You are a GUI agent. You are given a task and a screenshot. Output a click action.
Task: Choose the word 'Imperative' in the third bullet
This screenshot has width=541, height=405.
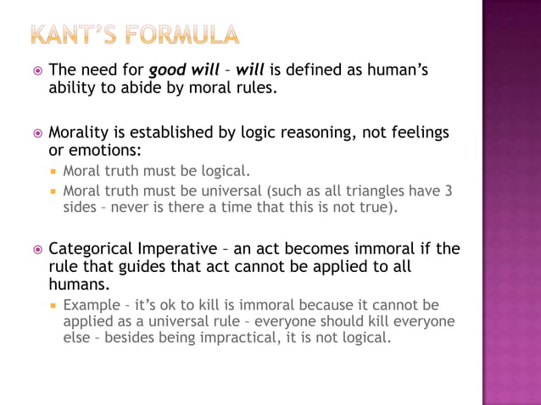[x=178, y=249]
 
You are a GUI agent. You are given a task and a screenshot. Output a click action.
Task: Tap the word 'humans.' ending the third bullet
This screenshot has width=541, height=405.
[x=80, y=285]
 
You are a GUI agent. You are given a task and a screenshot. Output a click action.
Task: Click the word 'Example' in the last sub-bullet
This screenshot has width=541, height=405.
[x=91, y=304]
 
